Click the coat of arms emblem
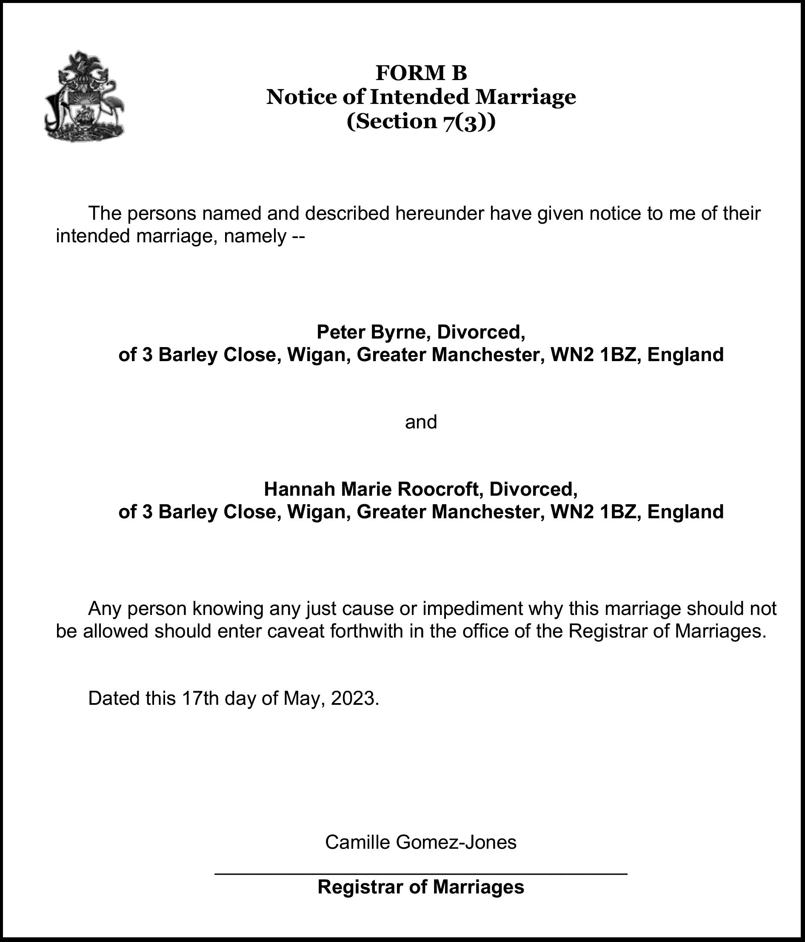point(85,96)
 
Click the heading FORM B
point(421,73)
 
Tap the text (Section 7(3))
point(421,121)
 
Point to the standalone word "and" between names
point(421,422)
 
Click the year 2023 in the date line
point(354,698)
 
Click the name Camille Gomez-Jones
point(421,842)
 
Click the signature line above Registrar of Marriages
point(421,873)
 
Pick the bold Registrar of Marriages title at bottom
point(421,887)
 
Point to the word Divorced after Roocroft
point(533,489)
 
